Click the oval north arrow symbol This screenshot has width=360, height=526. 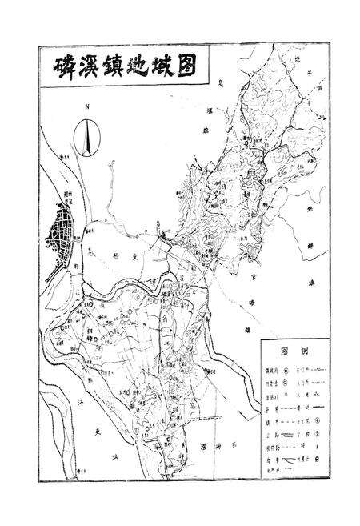click(87, 135)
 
